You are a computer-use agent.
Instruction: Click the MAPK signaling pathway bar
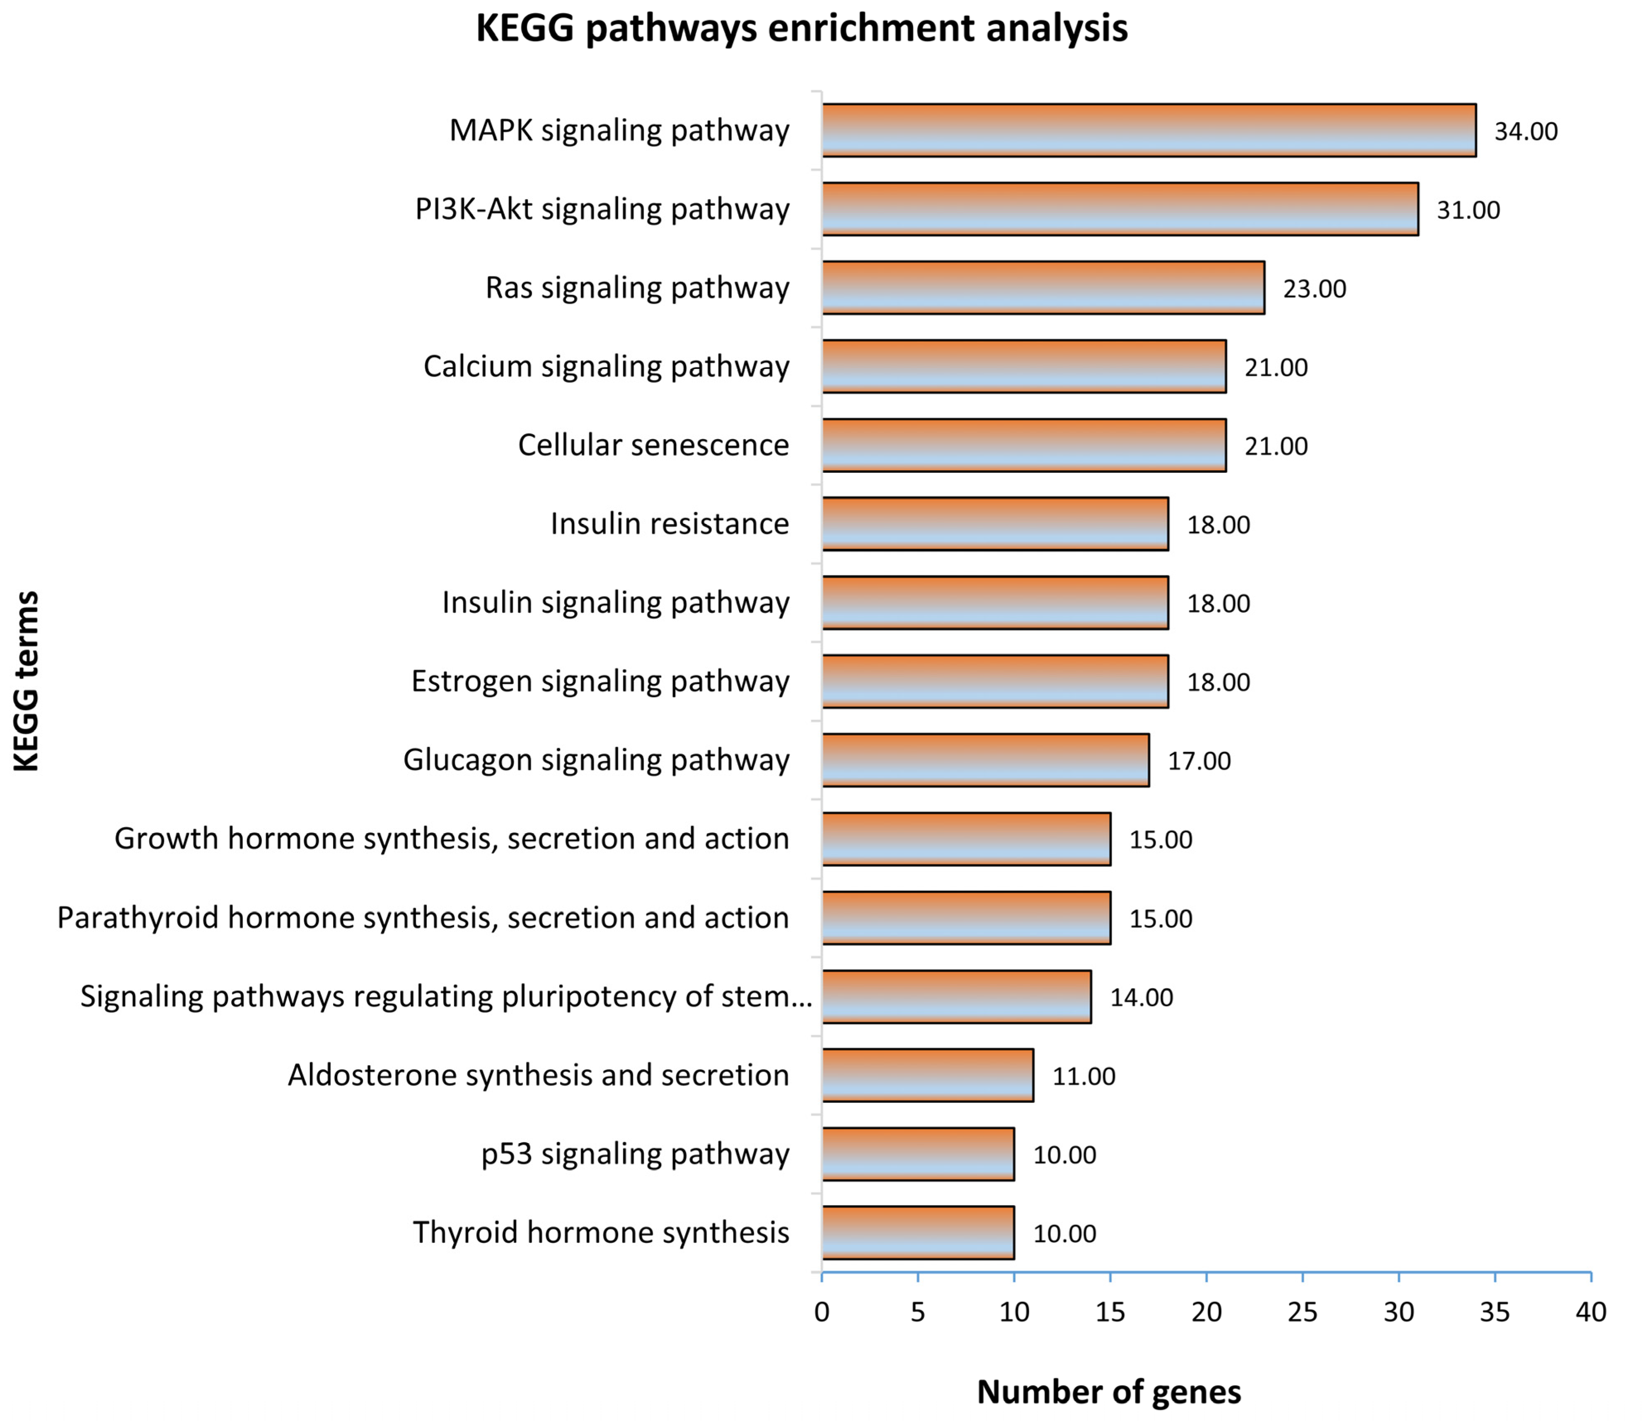point(1149,130)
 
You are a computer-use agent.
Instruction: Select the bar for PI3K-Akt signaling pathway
point(1120,209)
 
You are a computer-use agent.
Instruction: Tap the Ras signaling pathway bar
point(1043,288)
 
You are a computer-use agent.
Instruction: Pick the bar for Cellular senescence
point(1024,445)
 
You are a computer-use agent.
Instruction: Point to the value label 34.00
point(1525,131)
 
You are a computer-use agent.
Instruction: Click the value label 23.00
point(1314,288)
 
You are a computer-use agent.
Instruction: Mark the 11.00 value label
point(1083,1076)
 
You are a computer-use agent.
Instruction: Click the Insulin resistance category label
point(669,524)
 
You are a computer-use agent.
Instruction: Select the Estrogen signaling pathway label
point(600,681)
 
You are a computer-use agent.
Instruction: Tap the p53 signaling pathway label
point(635,1153)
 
